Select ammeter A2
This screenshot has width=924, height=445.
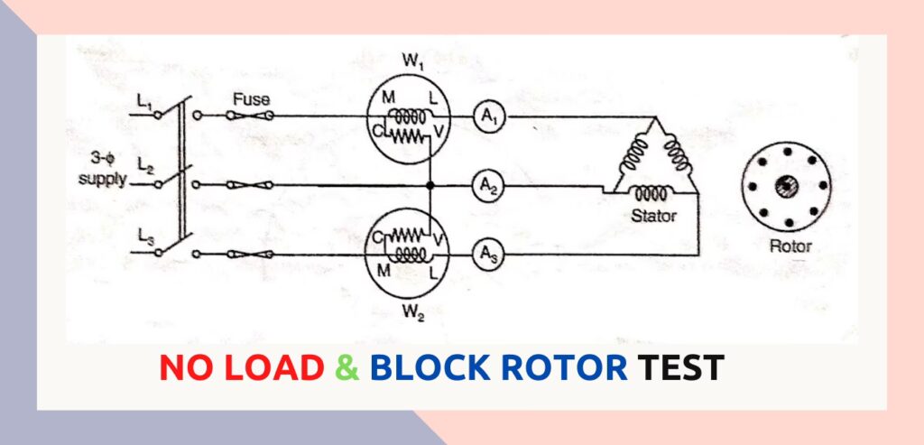(487, 185)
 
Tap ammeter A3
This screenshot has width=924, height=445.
(487, 255)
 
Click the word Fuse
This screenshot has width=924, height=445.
(251, 99)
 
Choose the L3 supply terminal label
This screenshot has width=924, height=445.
(145, 236)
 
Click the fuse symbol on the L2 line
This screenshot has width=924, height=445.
(245, 185)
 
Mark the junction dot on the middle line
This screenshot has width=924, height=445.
(430, 185)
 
